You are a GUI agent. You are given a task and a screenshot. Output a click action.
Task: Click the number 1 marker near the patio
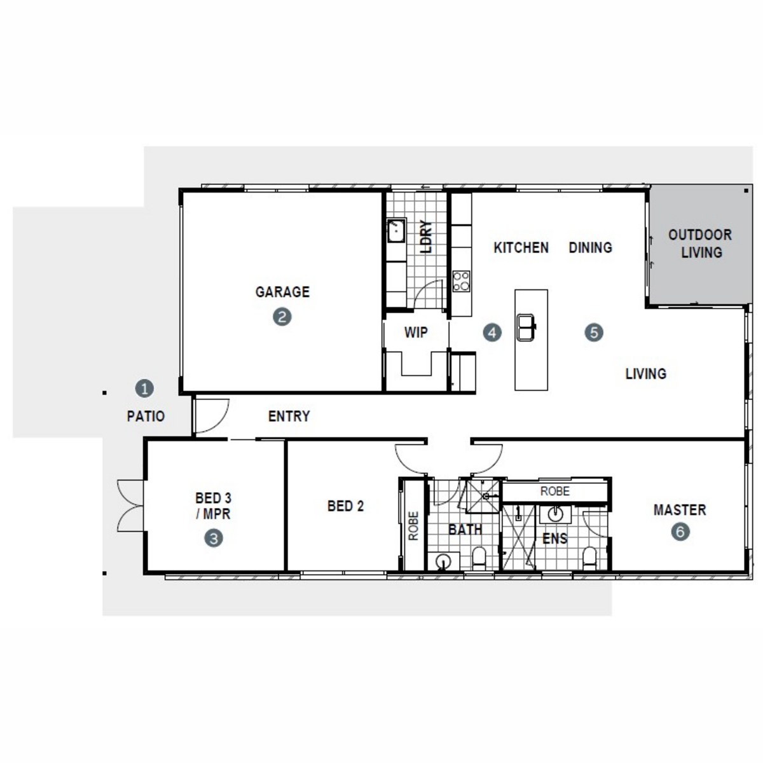[x=144, y=388]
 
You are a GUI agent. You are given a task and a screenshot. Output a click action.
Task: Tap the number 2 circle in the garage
[x=282, y=317]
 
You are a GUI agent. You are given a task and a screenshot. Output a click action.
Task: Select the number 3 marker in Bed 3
[x=214, y=538]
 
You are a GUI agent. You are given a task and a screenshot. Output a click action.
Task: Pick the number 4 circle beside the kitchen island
[x=491, y=333]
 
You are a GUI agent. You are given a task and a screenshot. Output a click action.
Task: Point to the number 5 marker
[x=593, y=333]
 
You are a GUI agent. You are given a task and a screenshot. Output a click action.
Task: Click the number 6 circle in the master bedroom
[x=680, y=532]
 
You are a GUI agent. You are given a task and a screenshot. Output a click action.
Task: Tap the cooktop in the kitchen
[x=461, y=281]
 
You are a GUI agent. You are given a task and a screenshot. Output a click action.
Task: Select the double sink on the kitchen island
[x=526, y=327]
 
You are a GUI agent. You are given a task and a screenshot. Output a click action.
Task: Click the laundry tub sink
[x=396, y=230]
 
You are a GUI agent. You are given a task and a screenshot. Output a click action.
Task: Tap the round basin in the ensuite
[x=555, y=514]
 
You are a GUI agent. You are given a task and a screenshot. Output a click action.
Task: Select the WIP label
[x=416, y=332]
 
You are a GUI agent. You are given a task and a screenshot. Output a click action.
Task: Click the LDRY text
[x=426, y=237]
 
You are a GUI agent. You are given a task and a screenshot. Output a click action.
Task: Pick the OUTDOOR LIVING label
[x=700, y=243]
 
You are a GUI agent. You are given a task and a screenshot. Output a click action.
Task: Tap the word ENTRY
[x=289, y=416]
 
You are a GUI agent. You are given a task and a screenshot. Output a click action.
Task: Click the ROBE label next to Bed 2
[x=413, y=526]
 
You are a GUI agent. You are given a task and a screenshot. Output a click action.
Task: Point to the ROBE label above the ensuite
[x=554, y=491]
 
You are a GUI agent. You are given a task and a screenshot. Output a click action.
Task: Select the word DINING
[x=590, y=247]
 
